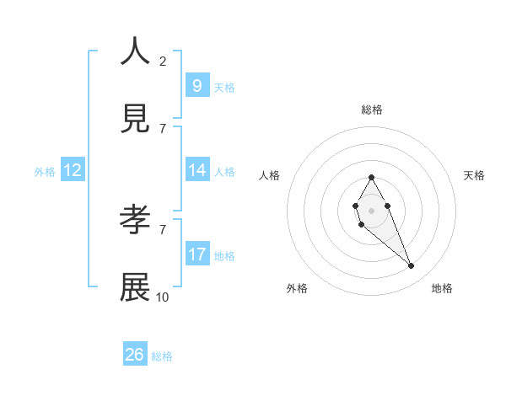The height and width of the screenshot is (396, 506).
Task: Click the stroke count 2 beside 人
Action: click(163, 61)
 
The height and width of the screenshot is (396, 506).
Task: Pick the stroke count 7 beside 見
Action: click(163, 128)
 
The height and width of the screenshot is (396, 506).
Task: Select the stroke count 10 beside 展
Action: click(163, 297)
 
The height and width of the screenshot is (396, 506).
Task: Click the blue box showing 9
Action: click(197, 86)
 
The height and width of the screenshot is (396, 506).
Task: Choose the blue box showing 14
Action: click(197, 170)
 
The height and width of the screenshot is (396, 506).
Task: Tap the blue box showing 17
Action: click(197, 254)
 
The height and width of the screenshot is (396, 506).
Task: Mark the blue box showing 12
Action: click(73, 170)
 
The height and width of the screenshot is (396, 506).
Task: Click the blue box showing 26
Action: click(135, 355)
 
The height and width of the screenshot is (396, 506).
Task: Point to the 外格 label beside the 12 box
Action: click(45, 172)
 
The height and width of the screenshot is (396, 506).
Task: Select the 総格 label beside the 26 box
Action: click(162, 356)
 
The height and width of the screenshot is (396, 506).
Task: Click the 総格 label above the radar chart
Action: click(372, 110)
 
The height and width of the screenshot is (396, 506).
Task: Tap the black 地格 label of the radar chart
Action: click(442, 288)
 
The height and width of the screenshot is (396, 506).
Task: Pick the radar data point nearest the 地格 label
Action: click(412, 266)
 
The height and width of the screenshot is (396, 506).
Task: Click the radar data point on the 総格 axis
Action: click(371, 177)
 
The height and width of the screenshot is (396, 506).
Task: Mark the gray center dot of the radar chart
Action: click(371, 210)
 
